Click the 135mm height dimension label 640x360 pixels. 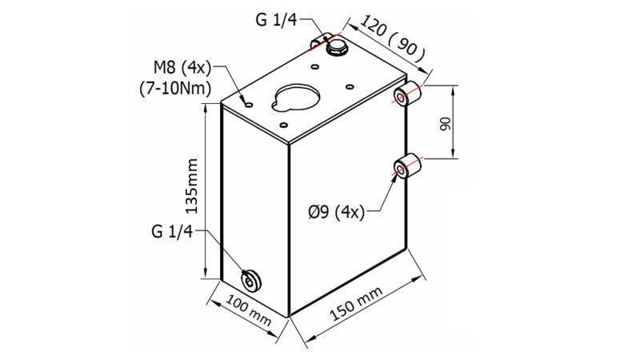click(x=191, y=189)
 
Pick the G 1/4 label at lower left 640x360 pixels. click(x=172, y=232)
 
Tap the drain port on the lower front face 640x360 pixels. click(x=252, y=280)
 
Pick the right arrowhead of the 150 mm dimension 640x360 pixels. click(x=422, y=276)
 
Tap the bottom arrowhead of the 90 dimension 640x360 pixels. click(x=454, y=156)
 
